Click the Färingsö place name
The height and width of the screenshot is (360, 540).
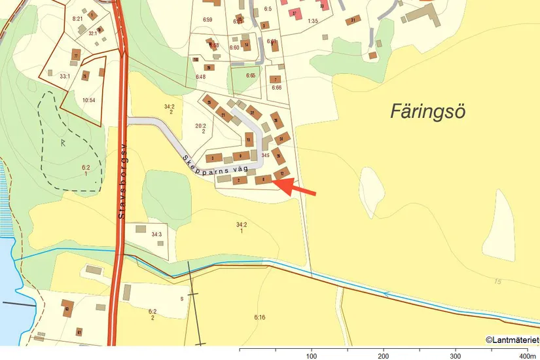[x=427, y=110]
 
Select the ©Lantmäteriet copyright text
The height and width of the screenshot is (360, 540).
[x=512, y=340]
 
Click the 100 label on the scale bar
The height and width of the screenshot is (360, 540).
[x=312, y=356]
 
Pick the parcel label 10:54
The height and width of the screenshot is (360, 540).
[x=89, y=100]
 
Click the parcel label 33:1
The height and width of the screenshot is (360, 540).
[x=64, y=77]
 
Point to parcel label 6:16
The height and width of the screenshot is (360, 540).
[x=260, y=317]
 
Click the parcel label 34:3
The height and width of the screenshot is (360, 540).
[x=156, y=234]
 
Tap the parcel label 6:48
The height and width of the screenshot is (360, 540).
[x=200, y=77]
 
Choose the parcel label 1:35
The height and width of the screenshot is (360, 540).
[x=312, y=21]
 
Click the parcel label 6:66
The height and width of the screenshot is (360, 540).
[x=276, y=88]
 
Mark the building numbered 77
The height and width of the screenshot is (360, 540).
[x=77, y=56]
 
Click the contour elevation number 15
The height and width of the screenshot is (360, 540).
[x=498, y=281]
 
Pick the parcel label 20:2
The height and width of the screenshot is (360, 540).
[x=201, y=128]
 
